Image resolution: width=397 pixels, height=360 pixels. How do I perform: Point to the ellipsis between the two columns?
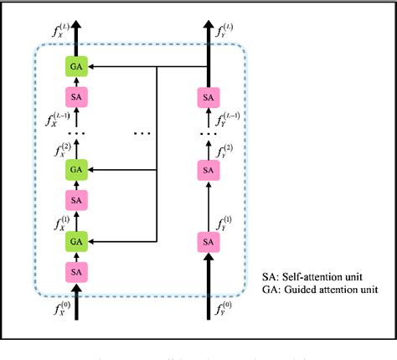tap(142, 132)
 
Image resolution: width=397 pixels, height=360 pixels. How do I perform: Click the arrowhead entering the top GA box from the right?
tap(90, 64)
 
